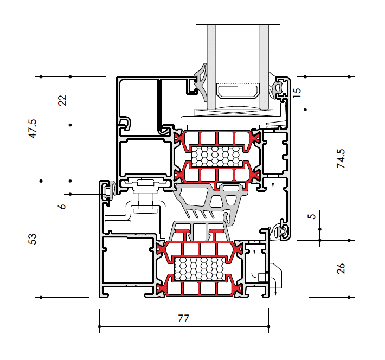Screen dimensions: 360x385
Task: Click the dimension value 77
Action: coord(184,319)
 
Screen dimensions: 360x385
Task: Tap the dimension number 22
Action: coord(62,100)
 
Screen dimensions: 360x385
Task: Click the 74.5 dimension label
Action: coord(341,158)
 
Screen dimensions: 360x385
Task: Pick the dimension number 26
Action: coord(341,268)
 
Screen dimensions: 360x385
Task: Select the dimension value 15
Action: coord(296,93)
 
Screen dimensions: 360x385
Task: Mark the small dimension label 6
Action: coord(62,206)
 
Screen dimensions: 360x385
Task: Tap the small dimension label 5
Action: coord(311,216)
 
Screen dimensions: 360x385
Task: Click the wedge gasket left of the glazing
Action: coord(201,81)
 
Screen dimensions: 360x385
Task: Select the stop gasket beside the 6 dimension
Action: coord(109,191)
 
